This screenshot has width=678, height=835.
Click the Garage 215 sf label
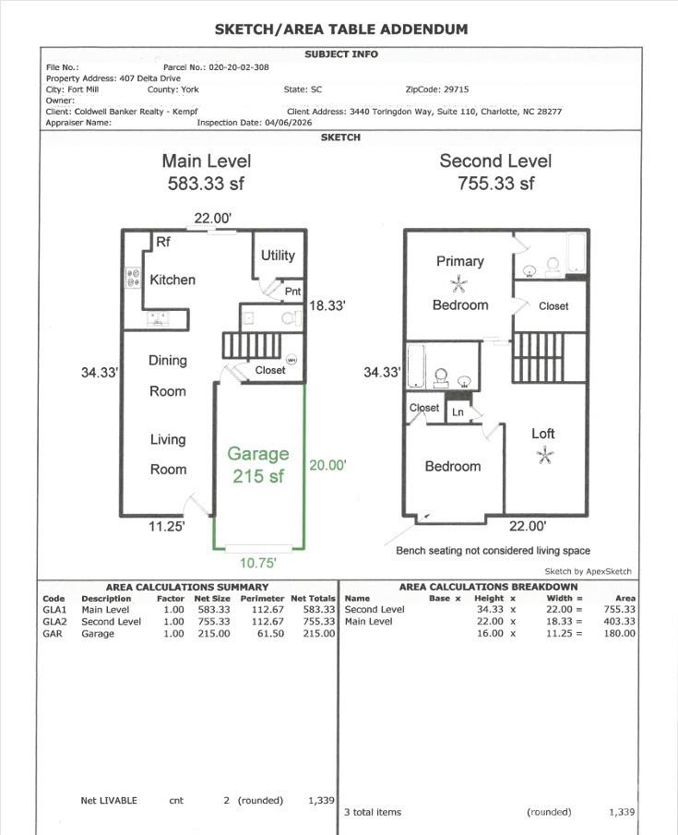pos(258,465)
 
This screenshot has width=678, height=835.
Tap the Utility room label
pos(278,256)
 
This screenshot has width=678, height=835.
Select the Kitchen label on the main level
pos(172,280)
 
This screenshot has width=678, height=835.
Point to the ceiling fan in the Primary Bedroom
pos(459,283)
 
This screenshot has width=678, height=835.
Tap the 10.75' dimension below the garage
pos(258,561)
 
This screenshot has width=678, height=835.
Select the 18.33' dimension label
pos(327,306)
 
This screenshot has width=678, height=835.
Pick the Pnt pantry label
pos(292,292)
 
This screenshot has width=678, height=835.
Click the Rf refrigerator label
pos(162,243)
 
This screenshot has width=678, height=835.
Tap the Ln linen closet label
pos(458,412)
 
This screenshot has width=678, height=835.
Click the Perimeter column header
pos(262,598)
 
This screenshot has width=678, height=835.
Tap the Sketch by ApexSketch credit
pos(588,571)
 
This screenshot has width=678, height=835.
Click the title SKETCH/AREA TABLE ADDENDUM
pos(340,29)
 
